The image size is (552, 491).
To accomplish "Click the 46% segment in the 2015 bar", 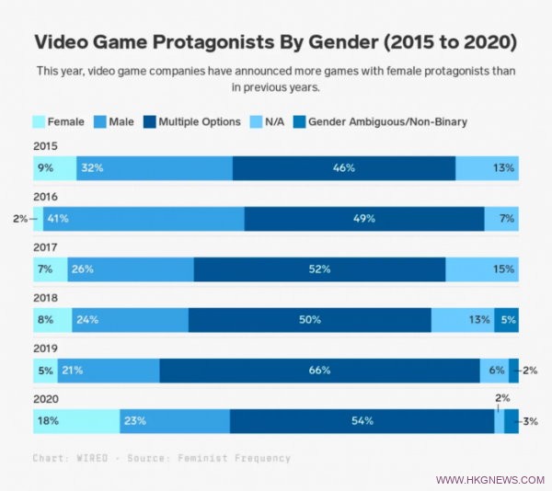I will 343,168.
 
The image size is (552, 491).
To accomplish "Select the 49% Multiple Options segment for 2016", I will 364,219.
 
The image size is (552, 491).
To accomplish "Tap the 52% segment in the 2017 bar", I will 319,269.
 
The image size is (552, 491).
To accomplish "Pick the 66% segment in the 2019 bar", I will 319,371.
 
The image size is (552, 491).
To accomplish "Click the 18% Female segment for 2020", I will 75,421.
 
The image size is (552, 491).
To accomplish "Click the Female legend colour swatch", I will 39,121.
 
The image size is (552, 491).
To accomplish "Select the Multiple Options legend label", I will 200,121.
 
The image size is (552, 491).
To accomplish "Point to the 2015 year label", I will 45,145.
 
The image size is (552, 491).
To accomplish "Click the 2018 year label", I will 45,297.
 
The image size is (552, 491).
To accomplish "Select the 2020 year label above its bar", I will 45,398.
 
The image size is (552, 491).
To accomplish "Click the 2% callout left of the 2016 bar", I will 20,219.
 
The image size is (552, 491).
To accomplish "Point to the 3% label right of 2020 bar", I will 530,421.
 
